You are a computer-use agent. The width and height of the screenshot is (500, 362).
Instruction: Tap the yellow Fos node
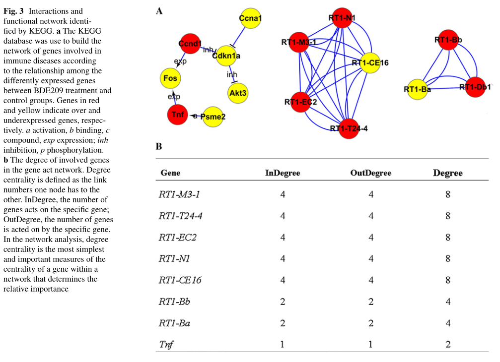coord(170,78)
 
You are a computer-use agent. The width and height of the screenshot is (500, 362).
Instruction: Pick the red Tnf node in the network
coord(177,115)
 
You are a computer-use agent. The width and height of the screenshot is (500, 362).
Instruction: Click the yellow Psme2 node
coord(213,117)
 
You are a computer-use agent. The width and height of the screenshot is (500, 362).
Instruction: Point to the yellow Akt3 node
coord(238,93)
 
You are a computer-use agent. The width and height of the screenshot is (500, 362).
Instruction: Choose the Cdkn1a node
coord(226,56)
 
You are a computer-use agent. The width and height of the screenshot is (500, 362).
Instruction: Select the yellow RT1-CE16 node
coord(370,63)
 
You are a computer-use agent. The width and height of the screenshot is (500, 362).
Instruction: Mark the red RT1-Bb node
coord(445,40)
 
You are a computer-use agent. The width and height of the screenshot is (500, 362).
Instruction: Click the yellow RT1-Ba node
coord(417,89)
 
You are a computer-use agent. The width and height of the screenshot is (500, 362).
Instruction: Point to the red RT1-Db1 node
coord(475,87)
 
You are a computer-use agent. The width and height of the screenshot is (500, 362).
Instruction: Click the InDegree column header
coord(283,173)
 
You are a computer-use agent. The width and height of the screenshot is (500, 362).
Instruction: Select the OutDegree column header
coord(370,173)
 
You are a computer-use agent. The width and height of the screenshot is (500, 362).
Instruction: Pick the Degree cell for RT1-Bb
coord(447,302)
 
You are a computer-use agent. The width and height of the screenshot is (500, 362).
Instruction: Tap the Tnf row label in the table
coord(166,344)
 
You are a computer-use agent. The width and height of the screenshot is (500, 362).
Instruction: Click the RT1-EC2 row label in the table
coord(177,238)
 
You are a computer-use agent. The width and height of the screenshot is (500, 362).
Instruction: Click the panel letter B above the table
coord(159,146)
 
